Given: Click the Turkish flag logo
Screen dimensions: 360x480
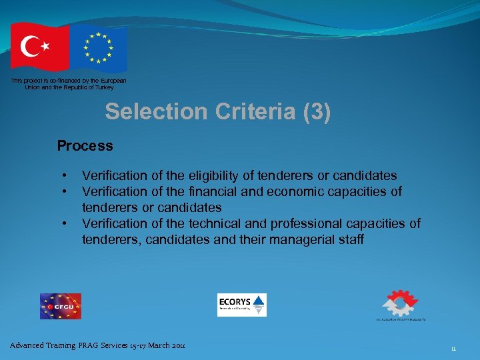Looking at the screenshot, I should click(x=39, y=47).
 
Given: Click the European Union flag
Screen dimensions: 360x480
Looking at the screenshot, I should click(x=99, y=48).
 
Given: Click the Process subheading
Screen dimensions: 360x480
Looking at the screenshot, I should click(x=85, y=145).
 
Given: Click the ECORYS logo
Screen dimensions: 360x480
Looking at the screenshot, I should click(x=241, y=305).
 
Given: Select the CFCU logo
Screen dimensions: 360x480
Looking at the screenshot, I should click(x=60, y=306).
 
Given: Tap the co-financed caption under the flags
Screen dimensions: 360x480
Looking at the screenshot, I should click(x=69, y=84).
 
